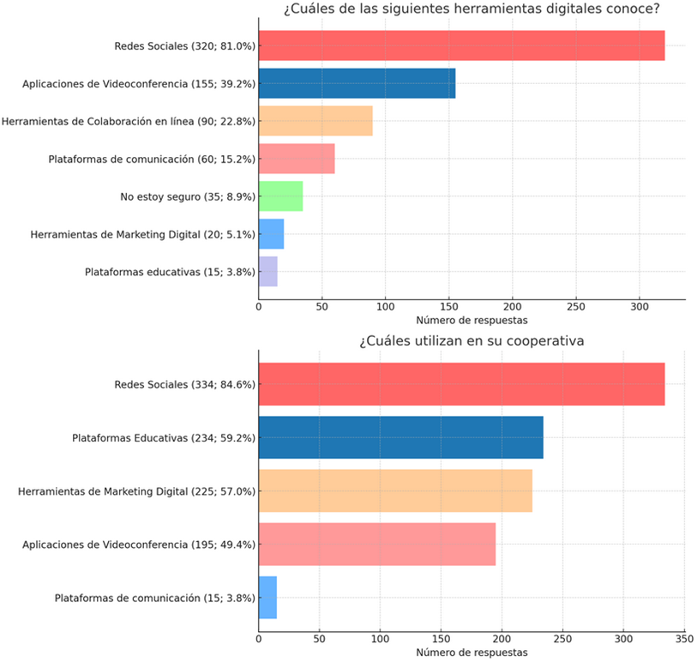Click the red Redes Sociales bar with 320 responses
[461, 45]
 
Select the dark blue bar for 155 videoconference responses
[357, 83]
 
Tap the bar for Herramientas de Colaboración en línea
[315, 121]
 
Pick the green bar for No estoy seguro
[280, 196]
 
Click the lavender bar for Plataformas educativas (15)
[267, 272]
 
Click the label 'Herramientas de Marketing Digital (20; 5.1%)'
[142, 234]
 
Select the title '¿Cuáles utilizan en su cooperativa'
[472, 341]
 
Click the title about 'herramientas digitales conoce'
[478, 9]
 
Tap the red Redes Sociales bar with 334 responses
[461, 384]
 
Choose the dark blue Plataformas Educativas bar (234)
[400, 437]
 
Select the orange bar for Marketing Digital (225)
[395, 491]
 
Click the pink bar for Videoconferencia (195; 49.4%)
[377, 545]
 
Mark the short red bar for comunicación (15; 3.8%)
[267, 598]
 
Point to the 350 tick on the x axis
[684, 638]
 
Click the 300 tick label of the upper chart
[640, 306]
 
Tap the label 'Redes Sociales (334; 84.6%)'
[184, 384]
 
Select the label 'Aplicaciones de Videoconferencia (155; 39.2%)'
[140, 83]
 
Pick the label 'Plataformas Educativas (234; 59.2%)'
[164, 437]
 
